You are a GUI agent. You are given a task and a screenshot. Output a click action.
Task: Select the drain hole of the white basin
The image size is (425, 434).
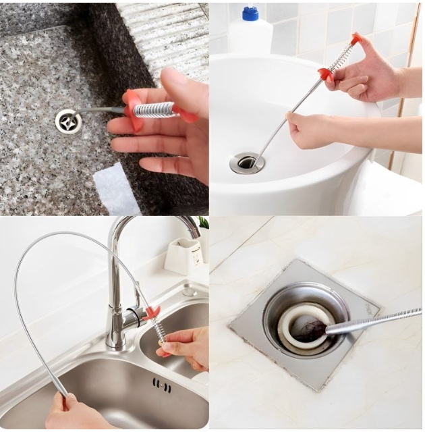(x=247, y=163)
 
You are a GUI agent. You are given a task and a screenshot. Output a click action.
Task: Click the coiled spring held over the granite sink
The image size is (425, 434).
(x=153, y=109)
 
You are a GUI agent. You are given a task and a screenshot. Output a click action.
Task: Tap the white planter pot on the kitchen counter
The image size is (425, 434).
(x=180, y=255)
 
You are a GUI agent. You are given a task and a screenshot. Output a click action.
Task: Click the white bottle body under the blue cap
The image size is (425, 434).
(x=250, y=37)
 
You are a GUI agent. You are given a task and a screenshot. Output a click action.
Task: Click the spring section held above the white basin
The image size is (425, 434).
(x=341, y=57)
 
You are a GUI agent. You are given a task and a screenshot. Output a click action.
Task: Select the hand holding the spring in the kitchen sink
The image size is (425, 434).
(x=186, y=346)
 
